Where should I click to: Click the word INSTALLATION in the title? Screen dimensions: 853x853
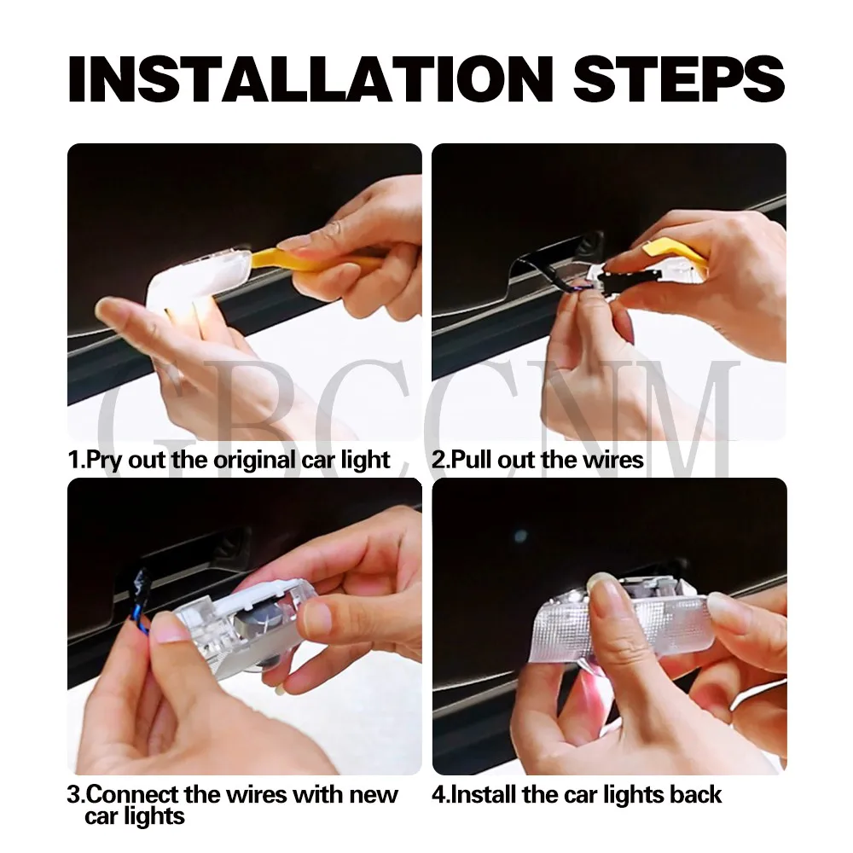pos(310,78)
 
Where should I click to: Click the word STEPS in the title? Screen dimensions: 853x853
pos(678,78)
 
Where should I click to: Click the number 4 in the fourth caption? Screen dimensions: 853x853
pos(438,795)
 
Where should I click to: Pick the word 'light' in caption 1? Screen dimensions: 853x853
pos(365,461)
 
